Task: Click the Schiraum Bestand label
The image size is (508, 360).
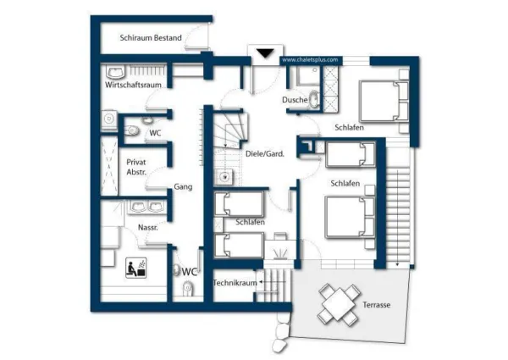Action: tap(151, 38)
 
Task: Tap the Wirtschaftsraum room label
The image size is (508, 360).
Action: tap(134, 86)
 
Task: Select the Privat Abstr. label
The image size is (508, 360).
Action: tap(136, 166)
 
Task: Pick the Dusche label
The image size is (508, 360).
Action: tap(295, 100)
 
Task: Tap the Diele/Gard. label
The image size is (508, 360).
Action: tap(264, 153)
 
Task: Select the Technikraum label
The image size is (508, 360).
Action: tap(233, 281)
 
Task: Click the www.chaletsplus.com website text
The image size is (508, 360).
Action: tap(310, 60)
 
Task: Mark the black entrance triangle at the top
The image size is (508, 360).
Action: tap(265, 53)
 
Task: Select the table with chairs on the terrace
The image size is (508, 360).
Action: tap(338, 303)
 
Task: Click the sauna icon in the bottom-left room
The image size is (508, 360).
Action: tap(135, 268)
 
